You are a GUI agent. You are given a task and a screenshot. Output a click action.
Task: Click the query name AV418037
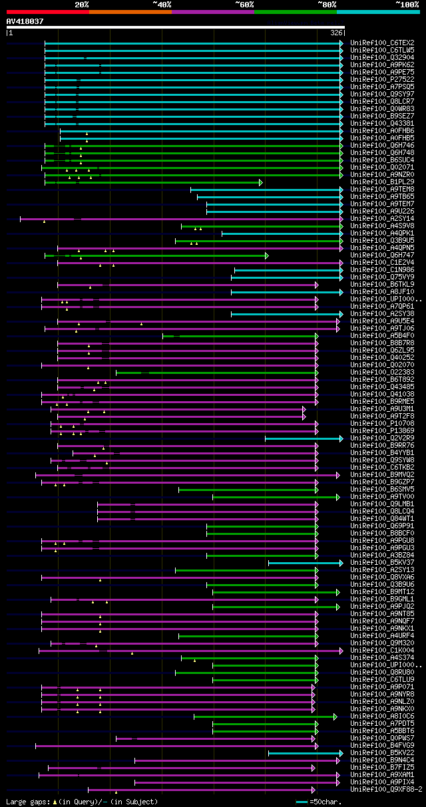tap(25, 21)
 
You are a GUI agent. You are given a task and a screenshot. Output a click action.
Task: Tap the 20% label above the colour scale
tap(82, 4)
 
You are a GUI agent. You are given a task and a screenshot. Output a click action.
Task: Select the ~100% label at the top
tap(407, 4)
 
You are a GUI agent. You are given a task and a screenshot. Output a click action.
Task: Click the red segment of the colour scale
tap(47, 11)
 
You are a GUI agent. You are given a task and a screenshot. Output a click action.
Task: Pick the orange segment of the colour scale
tap(130, 11)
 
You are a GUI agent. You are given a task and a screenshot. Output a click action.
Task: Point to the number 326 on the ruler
tap(336, 32)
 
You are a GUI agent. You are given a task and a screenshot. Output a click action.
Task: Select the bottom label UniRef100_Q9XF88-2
tap(386, 789)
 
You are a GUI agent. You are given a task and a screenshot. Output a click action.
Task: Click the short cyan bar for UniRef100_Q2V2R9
tap(303, 438)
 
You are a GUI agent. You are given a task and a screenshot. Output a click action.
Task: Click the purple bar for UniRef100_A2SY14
tap(200, 219)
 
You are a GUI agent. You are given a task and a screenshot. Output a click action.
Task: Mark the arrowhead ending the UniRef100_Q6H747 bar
tap(267, 255)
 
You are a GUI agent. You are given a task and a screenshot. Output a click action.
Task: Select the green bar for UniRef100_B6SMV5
tap(246, 490)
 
